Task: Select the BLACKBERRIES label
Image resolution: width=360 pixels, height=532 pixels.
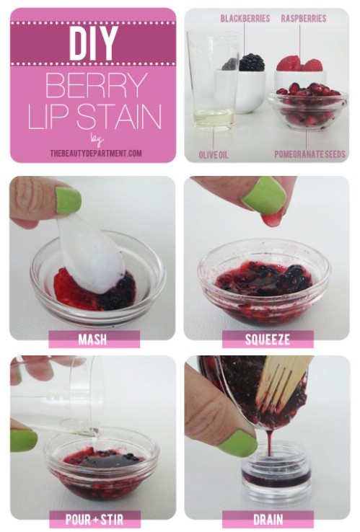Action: tap(245, 18)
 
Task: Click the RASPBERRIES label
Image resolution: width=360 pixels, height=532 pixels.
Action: tap(303, 18)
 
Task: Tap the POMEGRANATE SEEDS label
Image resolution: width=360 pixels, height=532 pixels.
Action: tap(309, 154)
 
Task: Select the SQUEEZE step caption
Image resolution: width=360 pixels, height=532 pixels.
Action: tap(267, 339)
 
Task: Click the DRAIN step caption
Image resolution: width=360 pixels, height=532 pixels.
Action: tap(267, 518)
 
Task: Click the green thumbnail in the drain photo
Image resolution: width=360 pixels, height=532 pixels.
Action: tap(238, 443)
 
